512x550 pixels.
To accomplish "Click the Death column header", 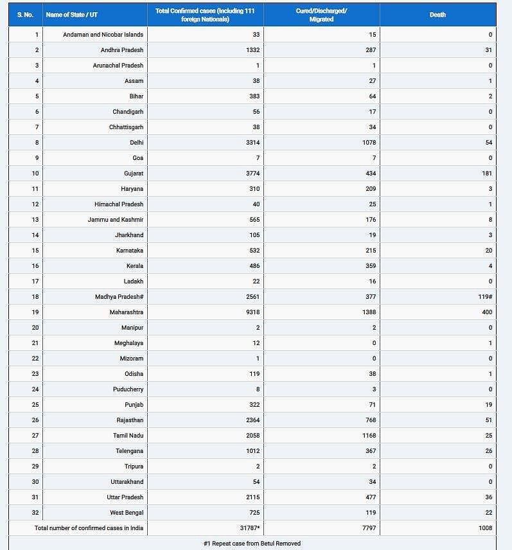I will [437, 14].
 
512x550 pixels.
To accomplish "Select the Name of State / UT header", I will [72, 14].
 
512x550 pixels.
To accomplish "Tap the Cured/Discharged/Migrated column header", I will [321, 15].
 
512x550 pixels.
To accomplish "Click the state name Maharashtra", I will [127, 312].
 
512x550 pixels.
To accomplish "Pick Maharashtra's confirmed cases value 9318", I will [252, 312].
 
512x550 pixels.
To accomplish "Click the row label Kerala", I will [135, 266].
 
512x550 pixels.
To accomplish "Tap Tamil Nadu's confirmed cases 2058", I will [252, 436].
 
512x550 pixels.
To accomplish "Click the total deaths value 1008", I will [485, 528].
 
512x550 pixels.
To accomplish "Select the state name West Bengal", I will [127, 513].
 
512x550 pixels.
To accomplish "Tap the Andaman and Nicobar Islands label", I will [103, 35].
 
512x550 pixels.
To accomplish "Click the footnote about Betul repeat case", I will [252, 543].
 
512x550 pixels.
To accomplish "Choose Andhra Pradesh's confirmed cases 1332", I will [252, 50].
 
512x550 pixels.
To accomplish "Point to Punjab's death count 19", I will [489, 405].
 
